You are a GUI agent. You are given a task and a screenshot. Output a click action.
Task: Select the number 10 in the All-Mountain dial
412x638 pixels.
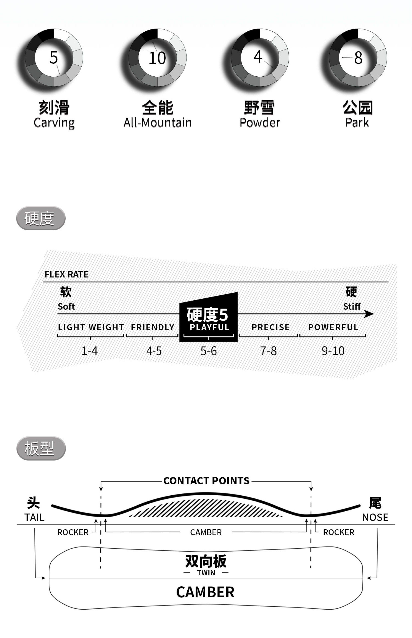click(157, 58)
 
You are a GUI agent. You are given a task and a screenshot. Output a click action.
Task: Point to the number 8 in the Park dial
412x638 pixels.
click(358, 58)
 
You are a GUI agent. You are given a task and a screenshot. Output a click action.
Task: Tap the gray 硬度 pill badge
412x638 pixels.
click(41, 218)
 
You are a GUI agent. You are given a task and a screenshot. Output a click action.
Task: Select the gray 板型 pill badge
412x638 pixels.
click(41, 448)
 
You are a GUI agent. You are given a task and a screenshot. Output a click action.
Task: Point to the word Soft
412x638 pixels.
click(66, 307)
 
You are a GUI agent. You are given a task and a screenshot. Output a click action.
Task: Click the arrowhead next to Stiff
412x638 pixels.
click(369, 314)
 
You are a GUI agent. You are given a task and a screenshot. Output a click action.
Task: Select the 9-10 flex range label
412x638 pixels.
click(333, 351)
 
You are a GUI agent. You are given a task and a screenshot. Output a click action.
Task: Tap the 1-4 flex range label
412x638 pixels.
click(90, 351)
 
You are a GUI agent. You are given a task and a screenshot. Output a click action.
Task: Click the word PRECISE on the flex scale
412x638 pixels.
click(270, 327)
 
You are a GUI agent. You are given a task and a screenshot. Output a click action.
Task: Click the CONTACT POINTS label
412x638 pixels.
click(206, 481)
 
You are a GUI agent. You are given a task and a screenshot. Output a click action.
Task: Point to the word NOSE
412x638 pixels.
click(375, 517)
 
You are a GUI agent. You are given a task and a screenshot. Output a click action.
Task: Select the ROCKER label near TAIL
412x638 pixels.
click(73, 532)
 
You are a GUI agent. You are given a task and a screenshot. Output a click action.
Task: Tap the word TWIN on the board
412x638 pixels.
click(206, 573)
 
